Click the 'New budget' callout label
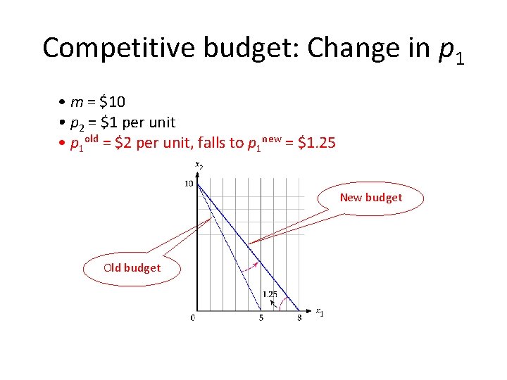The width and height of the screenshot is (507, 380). click(370, 198)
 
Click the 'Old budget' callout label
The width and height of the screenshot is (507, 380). click(132, 267)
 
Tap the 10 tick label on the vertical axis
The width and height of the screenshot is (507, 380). click(188, 184)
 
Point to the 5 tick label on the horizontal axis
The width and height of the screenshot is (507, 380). click(261, 318)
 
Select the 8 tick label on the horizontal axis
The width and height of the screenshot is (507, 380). click(299, 318)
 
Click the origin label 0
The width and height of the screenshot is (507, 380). click(192, 318)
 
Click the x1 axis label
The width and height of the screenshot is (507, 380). click(319, 312)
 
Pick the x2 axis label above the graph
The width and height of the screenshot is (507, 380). click(199, 166)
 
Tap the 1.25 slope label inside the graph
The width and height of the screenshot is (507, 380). click(269, 293)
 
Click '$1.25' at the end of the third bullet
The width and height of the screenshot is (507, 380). click(317, 144)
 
